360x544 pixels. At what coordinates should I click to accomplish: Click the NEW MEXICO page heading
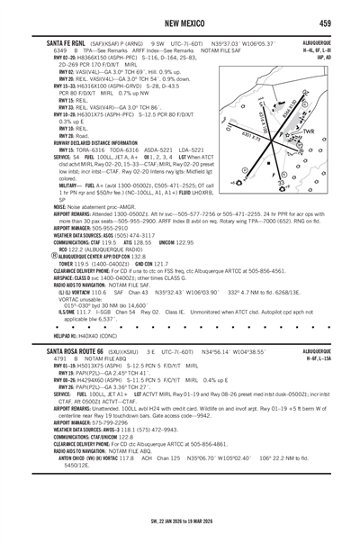point(180,21)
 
